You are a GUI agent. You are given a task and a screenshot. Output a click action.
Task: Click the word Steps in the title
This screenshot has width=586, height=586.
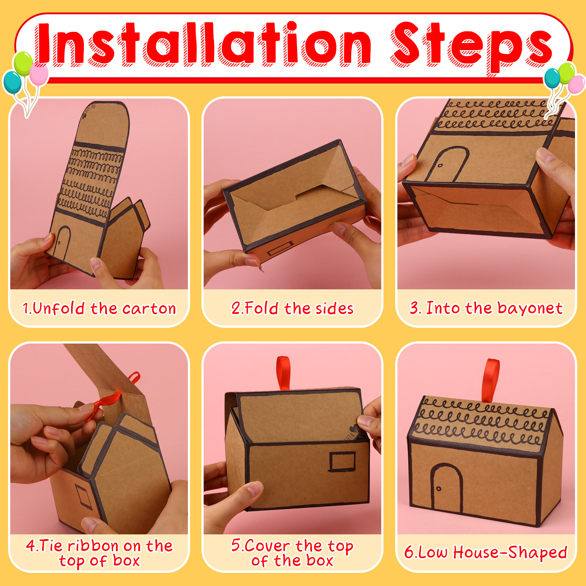(472, 47)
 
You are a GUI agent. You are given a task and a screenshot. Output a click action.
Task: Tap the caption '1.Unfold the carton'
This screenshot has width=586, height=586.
(99, 308)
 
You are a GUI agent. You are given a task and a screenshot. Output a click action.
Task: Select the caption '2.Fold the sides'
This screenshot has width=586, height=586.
(292, 308)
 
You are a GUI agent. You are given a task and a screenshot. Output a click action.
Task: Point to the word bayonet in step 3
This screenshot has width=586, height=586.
(530, 308)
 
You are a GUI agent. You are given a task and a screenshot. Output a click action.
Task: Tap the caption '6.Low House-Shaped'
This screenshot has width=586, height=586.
(486, 553)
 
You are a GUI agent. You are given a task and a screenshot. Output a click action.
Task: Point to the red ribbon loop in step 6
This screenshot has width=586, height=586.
(490, 379)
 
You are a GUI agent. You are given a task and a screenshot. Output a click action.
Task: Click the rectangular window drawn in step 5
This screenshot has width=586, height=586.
(342, 461)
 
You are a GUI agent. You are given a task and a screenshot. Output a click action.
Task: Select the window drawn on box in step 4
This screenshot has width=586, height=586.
(84, 497)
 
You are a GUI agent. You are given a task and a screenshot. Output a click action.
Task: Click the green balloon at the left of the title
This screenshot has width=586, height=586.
(23, 63)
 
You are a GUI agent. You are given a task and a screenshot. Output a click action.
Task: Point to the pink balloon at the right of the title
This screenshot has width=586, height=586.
(576, 84)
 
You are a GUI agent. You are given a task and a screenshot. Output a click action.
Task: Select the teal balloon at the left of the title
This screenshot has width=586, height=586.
(12, 82)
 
